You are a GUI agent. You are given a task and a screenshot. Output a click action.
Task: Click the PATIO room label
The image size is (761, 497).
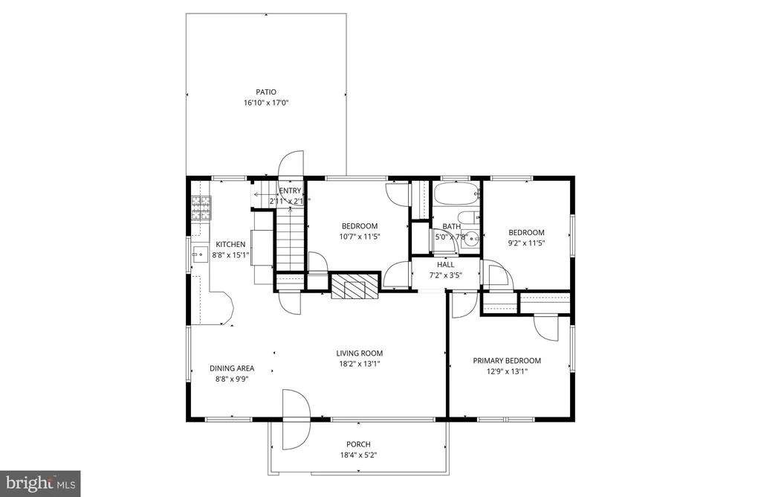266,92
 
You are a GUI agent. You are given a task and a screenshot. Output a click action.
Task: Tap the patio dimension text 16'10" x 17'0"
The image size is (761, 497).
266,103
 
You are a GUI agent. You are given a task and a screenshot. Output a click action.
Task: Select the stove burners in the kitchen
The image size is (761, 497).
201,208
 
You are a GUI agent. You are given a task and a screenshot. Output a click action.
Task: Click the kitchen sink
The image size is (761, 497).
200,254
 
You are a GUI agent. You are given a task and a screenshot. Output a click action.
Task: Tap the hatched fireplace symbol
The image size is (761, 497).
354,286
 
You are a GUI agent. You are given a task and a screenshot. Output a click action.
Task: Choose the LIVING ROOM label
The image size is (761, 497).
359,353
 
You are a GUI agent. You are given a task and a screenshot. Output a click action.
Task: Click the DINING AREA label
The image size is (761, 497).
232,368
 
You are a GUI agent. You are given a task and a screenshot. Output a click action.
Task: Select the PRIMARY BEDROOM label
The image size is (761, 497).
507,361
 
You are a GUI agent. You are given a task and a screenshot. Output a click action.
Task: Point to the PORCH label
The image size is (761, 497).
358,444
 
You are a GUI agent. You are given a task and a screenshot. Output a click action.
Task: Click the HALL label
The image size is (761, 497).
446,265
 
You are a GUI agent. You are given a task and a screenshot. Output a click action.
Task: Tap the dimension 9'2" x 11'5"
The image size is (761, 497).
526,243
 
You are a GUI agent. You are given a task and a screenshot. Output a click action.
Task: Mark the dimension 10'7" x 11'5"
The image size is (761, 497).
359,237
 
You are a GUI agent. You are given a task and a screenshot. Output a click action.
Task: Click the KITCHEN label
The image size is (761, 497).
230,244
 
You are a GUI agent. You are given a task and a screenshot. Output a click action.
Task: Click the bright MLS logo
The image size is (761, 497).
40,484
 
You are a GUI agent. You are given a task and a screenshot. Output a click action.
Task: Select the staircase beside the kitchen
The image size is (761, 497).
291,239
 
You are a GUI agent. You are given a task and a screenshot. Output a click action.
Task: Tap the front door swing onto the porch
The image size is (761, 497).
296,419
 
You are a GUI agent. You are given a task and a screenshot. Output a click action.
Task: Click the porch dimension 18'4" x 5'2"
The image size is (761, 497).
359,455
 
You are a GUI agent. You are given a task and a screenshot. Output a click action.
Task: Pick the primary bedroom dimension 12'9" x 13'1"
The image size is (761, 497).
507,372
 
